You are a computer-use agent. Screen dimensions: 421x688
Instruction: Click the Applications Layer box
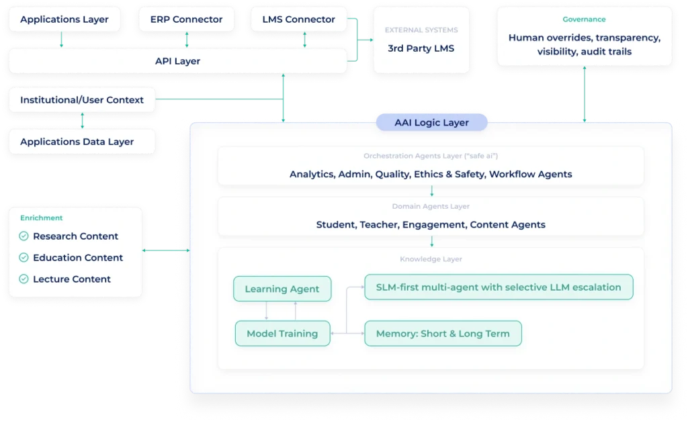pos(64,19)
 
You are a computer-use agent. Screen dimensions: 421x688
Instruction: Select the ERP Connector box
pos(187,19)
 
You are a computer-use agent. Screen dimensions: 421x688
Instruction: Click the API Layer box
pos(177,61)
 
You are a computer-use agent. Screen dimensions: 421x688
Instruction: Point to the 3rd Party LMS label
pos(421,48)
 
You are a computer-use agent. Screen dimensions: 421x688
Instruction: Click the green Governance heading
pos(584,19)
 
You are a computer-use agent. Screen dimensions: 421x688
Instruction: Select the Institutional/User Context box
pos(82,100)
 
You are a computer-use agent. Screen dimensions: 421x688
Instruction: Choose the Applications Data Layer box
pos(77,142)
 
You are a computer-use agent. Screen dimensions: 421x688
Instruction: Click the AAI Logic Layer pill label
pos(431,122)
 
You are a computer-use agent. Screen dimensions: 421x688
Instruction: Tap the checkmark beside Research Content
pos(24,236)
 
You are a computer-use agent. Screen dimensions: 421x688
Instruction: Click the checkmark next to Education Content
pos(24,258)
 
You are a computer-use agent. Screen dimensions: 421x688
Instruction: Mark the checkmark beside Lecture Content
pos(24,279)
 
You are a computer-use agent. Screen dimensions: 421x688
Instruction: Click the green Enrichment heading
pos(41,218)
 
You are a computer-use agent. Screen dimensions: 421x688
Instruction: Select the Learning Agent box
pos(282,289)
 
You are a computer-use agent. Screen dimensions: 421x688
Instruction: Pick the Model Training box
pos(282,334)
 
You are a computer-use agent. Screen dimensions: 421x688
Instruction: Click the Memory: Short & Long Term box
pos(443,334)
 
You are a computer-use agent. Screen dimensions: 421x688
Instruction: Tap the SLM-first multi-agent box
pos(499,287)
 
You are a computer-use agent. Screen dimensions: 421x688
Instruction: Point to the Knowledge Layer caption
pos(431,259)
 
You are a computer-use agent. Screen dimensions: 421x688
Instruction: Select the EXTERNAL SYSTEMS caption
pos(421,30)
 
